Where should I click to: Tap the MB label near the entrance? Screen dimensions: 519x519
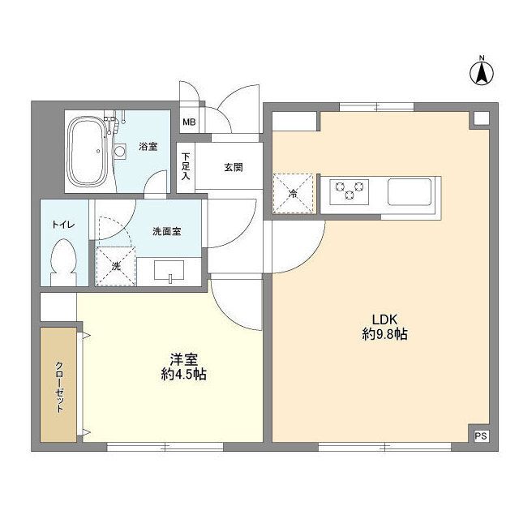[x=188, y=123]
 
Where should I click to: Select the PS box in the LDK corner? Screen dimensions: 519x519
[x=480, y=435]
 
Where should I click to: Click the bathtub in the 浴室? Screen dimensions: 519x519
[x=86, y=151]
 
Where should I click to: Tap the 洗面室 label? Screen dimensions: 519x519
[x=166, y=231]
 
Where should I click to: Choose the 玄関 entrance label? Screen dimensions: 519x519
[x=233, y=168]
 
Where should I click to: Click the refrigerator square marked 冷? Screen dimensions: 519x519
[x=292, y=192]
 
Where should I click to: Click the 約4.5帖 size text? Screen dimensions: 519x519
[x=182, y=375]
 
